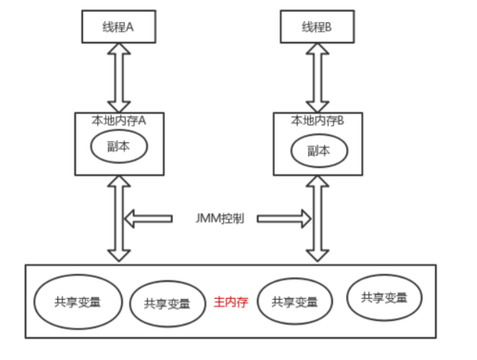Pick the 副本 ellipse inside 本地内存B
coord(319,151)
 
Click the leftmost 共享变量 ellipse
coord(68,300)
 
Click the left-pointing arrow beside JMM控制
coord(154,219)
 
